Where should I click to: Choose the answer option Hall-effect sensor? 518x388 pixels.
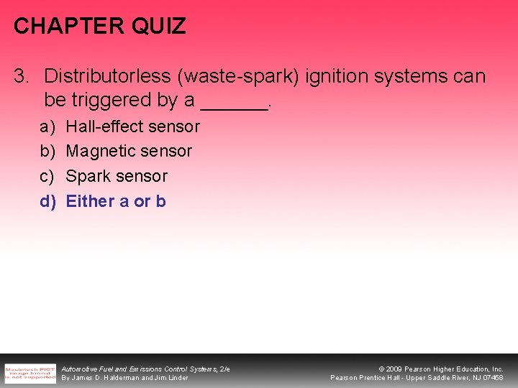(x=132, y=126)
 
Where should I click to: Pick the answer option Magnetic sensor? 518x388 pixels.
(x=129, y=152)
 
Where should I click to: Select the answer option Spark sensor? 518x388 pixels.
(x=117, y=176)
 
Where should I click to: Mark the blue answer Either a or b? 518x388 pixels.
(x=116, y=201)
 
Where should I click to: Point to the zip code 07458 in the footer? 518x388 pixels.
(x=493, y=378)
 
